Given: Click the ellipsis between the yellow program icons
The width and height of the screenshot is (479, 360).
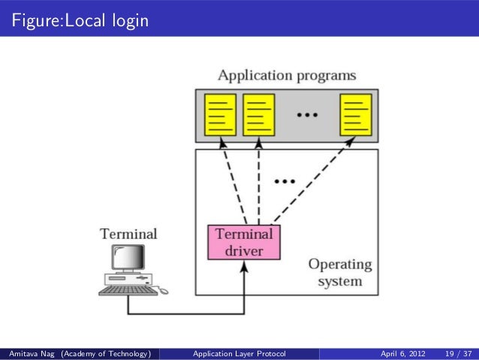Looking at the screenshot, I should (306, 115).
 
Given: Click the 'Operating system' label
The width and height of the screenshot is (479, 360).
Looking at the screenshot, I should (340, 273).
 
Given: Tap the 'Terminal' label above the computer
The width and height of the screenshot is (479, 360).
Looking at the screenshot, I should (129, 234).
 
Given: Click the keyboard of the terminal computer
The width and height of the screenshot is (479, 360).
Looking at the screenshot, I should (128, 289).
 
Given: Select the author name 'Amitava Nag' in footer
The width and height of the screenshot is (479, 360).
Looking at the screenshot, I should (30, 353).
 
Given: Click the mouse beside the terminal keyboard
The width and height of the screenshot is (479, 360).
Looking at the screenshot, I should (164, 291).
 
